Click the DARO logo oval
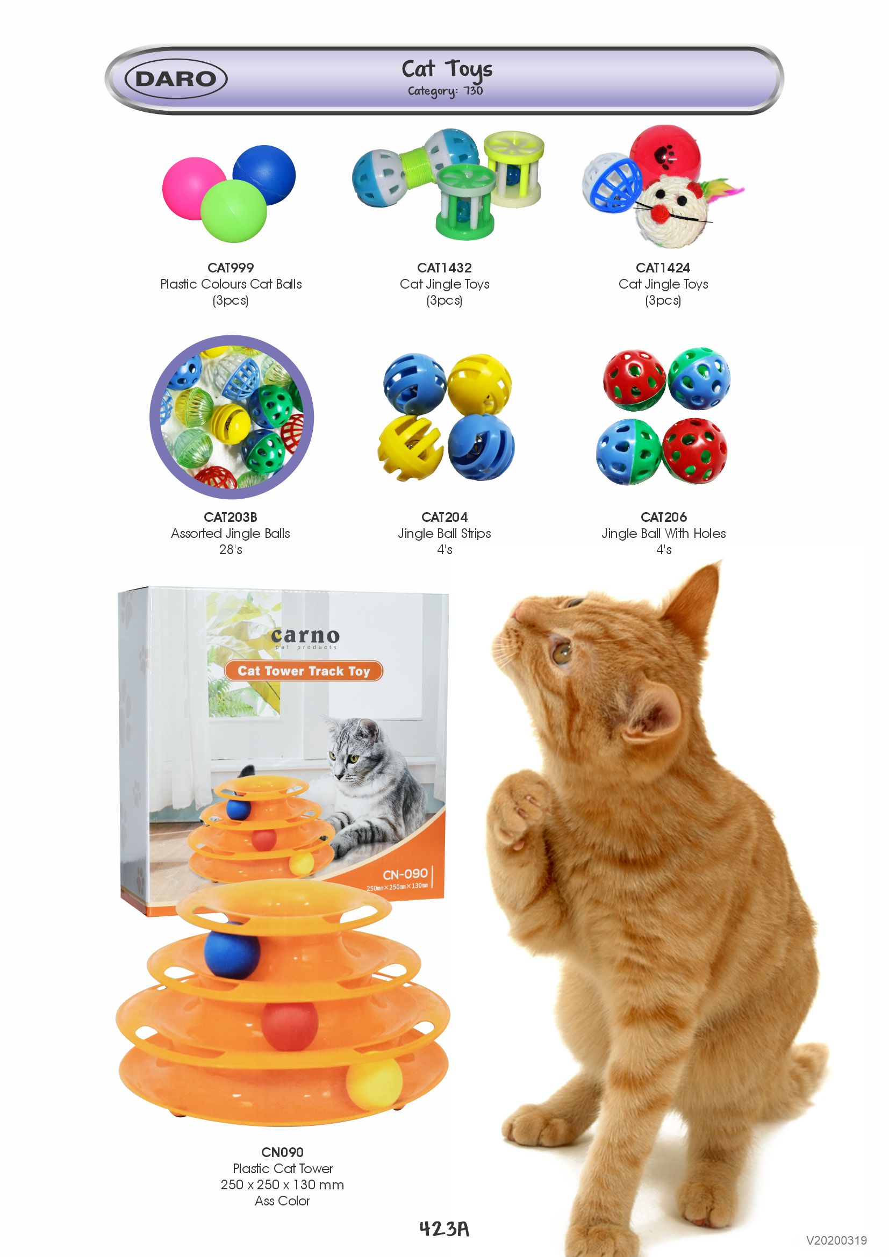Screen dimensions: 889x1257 coord(176,79)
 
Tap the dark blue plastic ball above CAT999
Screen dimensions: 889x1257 coord(264,175)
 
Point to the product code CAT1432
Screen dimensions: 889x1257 coord(444,268)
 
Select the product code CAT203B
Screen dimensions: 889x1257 coord(231,517)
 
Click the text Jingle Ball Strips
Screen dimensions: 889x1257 coord(444,533)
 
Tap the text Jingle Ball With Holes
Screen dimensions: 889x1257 coord(663,533)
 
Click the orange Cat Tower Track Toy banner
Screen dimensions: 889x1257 coord(303,671)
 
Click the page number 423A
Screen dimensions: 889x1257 coord(444,1229)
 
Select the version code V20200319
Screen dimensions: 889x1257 coord(836,1240)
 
